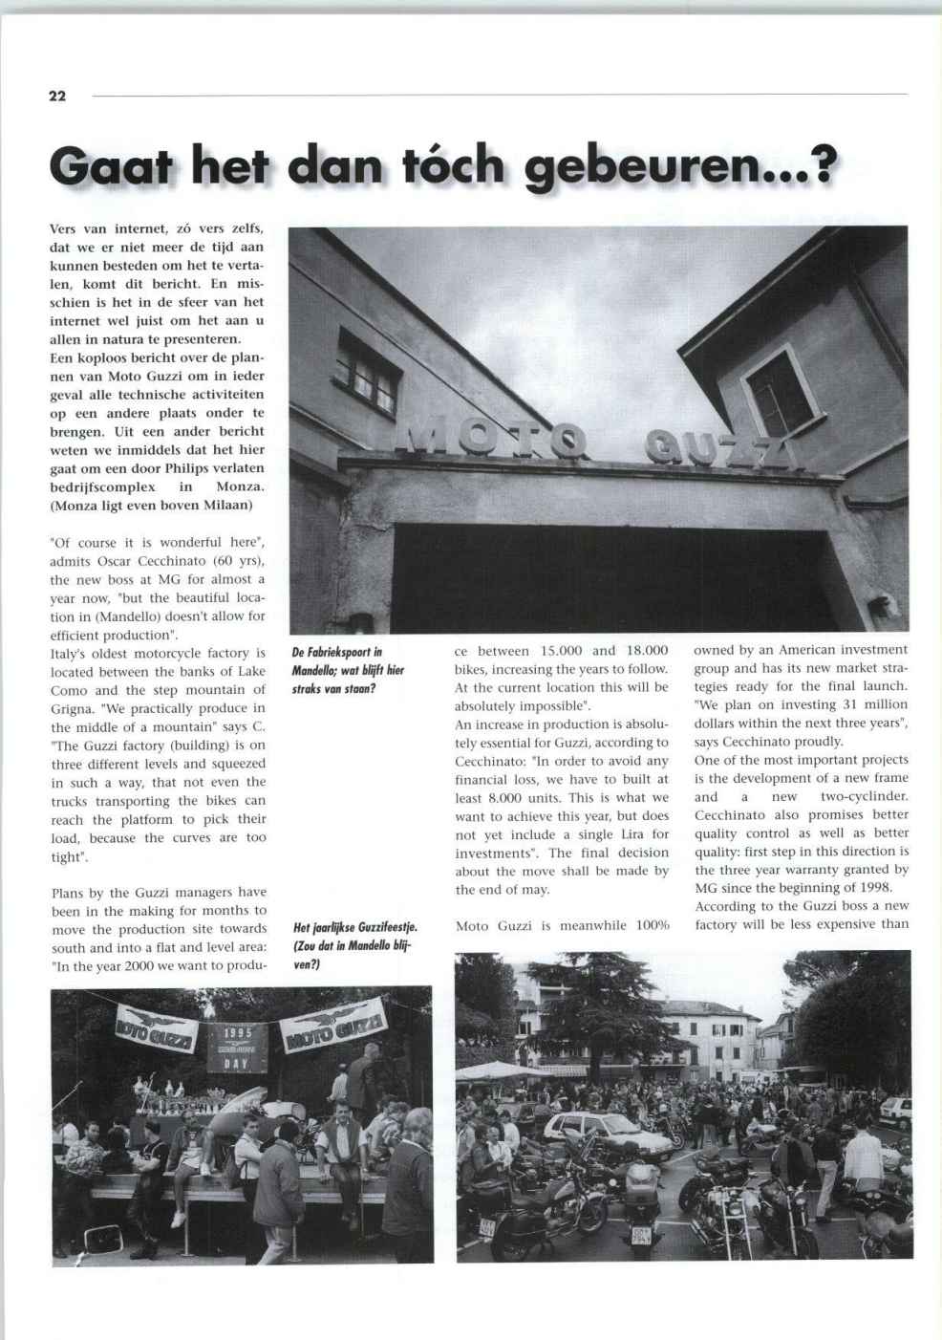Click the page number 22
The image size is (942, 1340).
click(x=57, y=96)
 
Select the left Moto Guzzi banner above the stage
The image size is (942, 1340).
click(x=157, y=1030)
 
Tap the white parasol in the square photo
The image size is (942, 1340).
click(x=497, y=1069)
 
